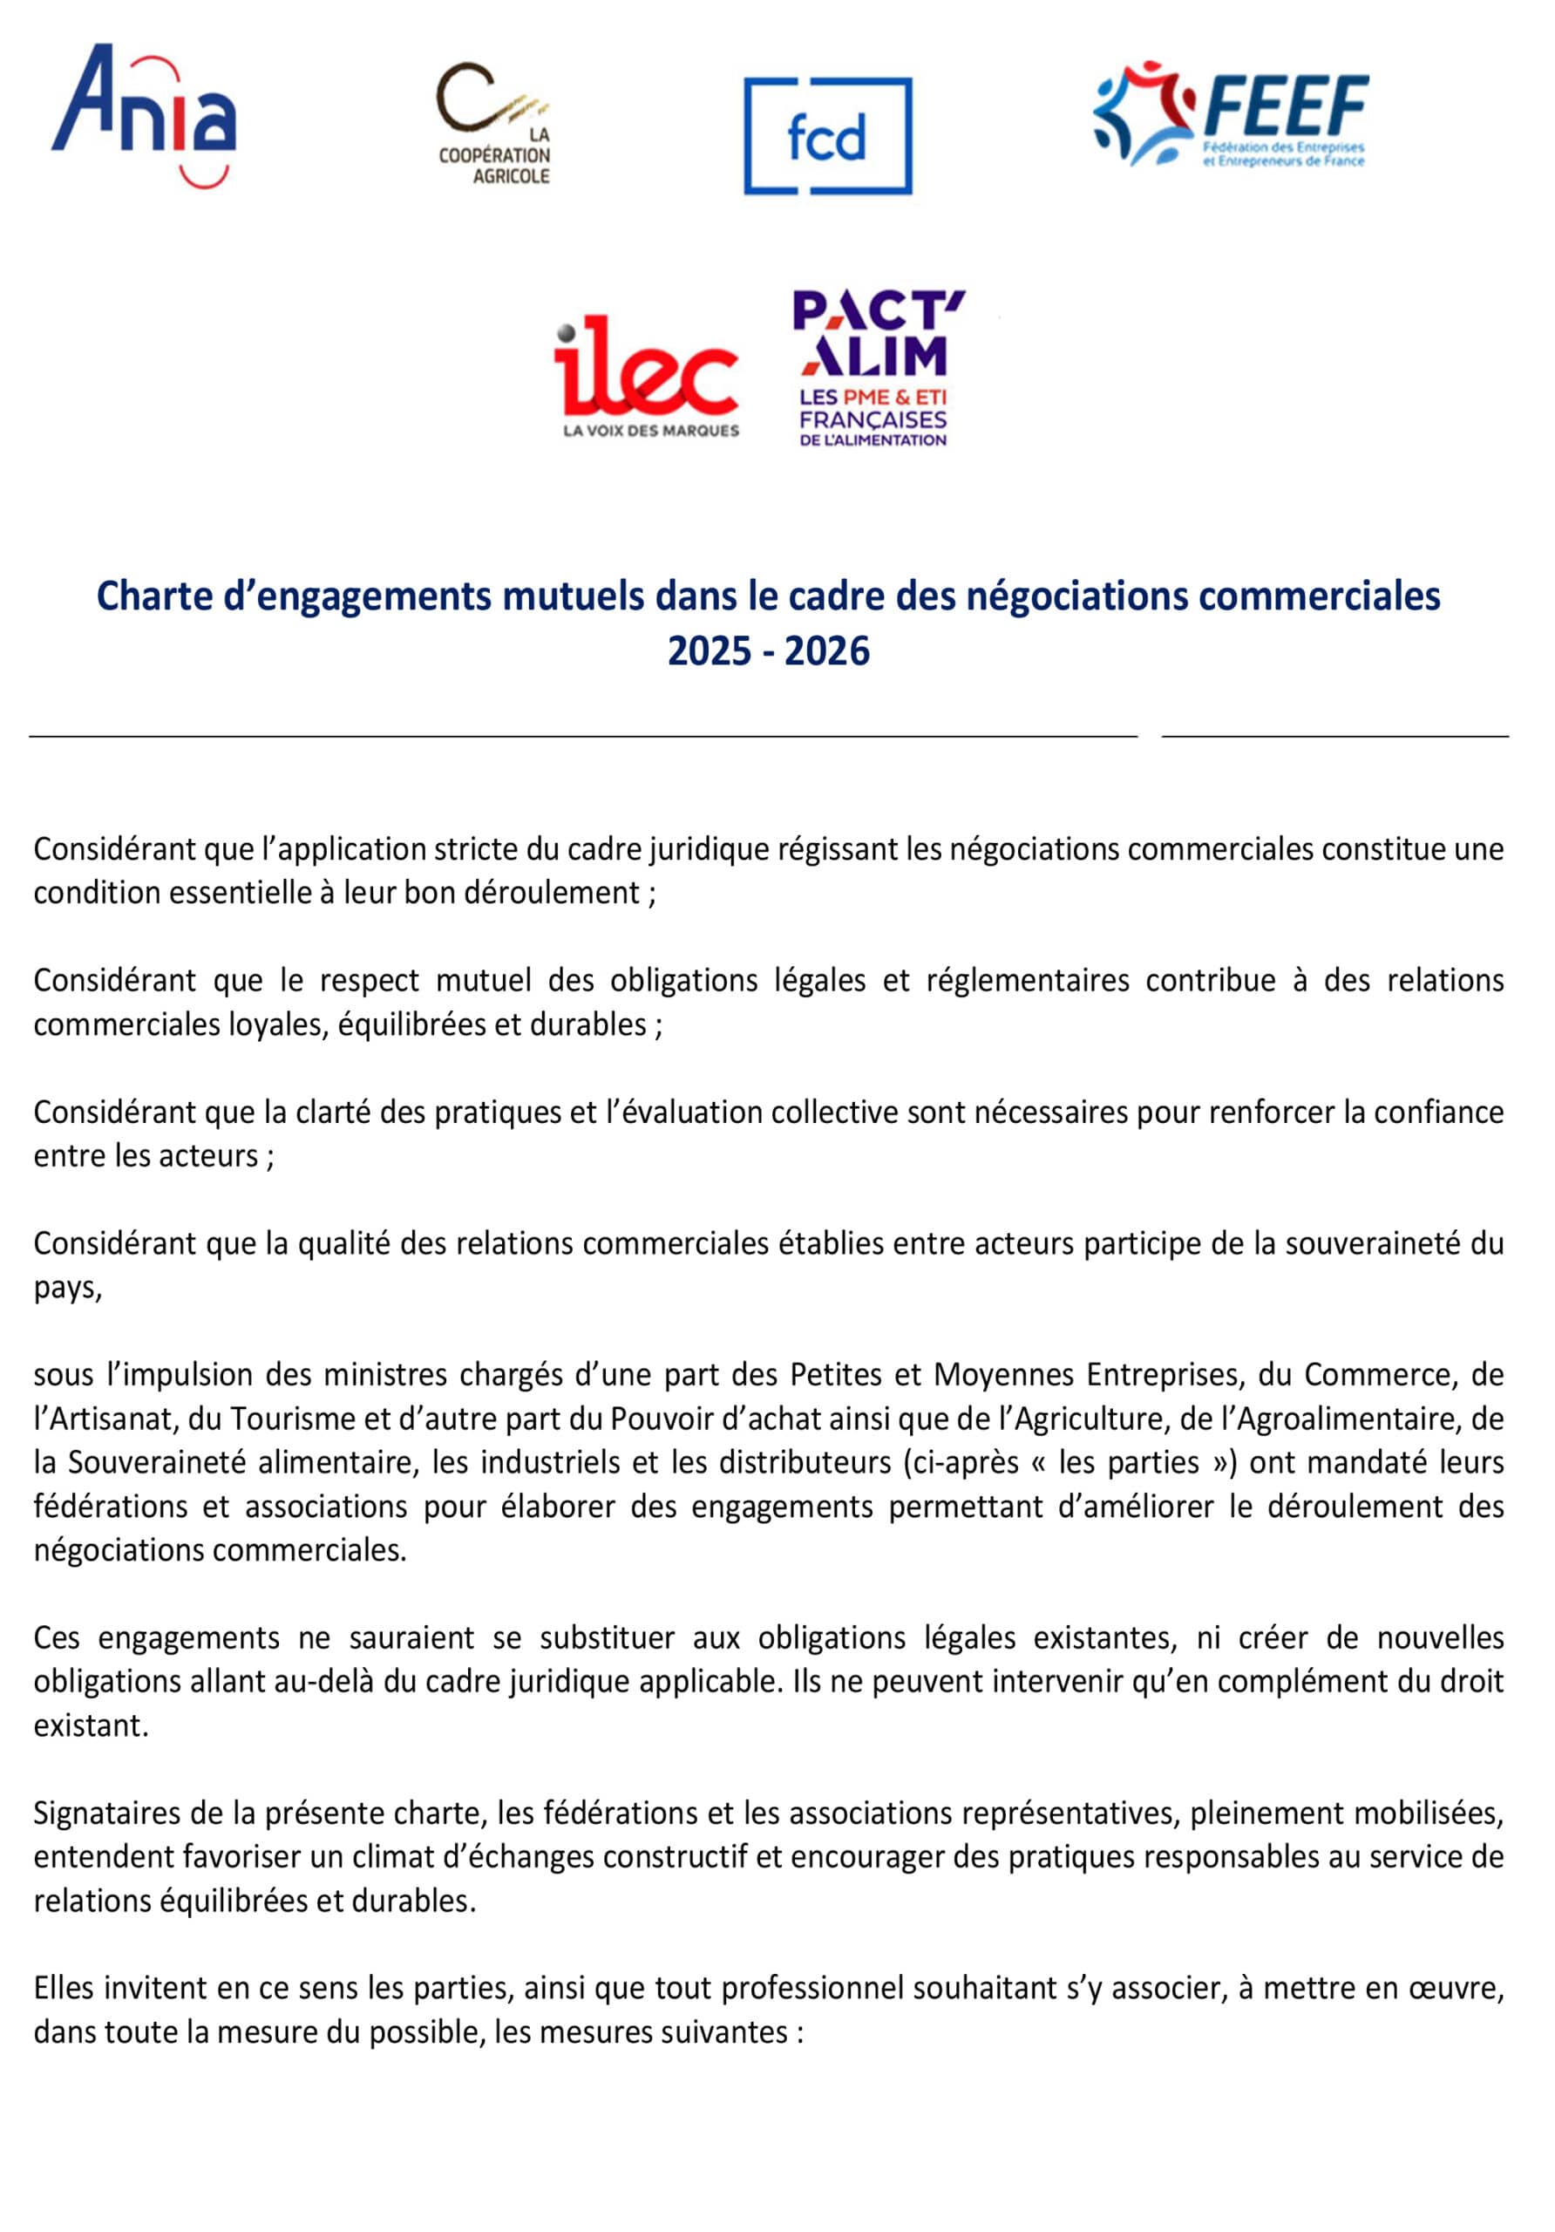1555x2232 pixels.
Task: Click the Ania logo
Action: click(144, 115)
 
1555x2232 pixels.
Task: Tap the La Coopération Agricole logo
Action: click(493, 125)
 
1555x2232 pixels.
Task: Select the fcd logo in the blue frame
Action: click(827, 136)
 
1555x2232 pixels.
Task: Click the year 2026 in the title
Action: click(826, 650)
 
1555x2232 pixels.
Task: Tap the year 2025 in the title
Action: click(710, 650)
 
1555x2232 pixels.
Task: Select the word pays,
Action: click(67, 1288)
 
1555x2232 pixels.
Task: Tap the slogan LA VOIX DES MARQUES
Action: click(650, 431)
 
